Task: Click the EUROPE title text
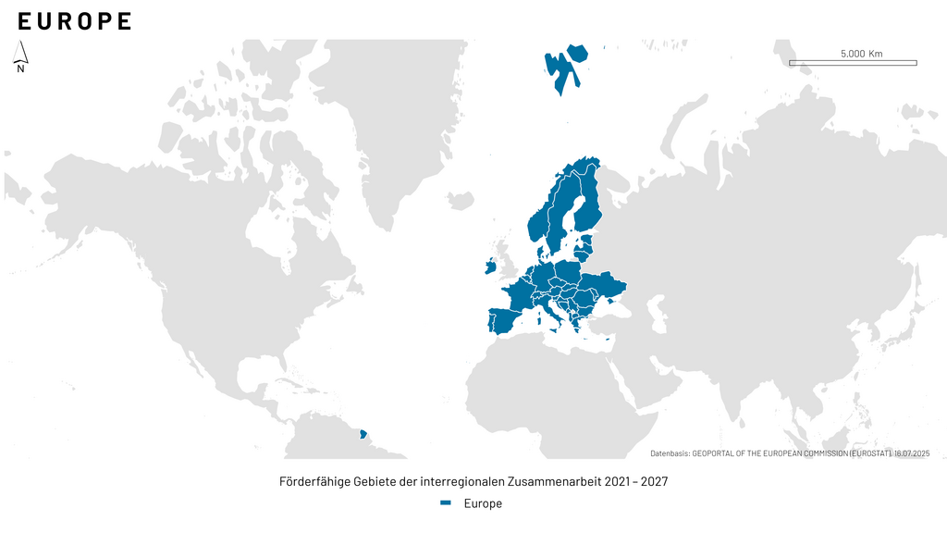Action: (x=74, y=21)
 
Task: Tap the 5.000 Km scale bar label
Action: (x=861, y=53)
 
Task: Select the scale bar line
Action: (x=852, y=63)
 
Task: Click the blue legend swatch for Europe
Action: (x=446, y=503)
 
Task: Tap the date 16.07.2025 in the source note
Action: (x=911, y=453)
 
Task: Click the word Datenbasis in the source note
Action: (x=670, y=453)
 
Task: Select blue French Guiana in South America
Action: (x=363, y=432)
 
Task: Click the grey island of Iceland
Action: (x=461, y=200)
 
